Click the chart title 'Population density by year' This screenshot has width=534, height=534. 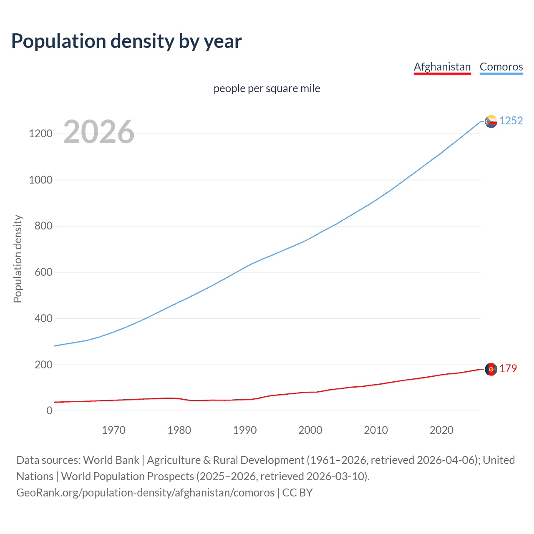[x=126, y=41]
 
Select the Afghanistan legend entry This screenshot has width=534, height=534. [x=442, y=67]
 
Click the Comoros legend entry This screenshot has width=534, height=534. [x=501, y=67]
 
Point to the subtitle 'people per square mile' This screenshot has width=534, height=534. [x=267, y=88]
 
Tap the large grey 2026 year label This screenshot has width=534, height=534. [x=99, y=132]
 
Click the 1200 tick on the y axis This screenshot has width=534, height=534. [x=40, y=134]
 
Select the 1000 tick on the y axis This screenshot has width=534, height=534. [x=40, y=180]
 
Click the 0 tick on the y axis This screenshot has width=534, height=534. [x=50, y=411]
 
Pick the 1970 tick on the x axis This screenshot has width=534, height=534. [x=113, y=430]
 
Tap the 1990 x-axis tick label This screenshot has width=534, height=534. [x=245, y=430]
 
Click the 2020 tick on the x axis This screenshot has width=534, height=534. [x=441, y=430]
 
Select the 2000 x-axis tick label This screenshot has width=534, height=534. [x=310, y=430]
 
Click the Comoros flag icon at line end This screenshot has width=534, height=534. [x=491, y=121]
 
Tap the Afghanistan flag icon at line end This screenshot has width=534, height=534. [x=491, y=369]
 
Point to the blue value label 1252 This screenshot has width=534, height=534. [x=511, y=121]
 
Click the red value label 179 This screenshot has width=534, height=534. [x=508, y=369]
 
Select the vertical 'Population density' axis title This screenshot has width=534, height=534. [x=18, y=259]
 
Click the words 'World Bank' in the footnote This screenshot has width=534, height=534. [x=111, y=460]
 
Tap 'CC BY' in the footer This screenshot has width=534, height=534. [x=297, y=493]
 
